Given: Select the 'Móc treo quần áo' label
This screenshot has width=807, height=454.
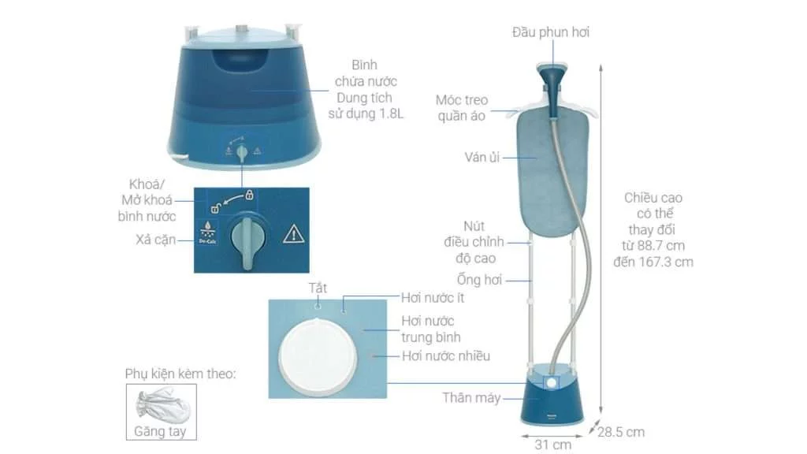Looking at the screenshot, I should pos(462,108).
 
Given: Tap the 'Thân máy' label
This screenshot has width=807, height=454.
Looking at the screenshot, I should pos(472,398).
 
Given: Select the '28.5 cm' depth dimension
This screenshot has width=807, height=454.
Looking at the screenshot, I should pos(622,432).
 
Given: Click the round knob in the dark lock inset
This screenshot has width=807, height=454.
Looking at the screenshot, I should pos(247,234).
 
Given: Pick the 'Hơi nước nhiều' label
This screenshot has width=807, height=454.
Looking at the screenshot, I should pos(446,356).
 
